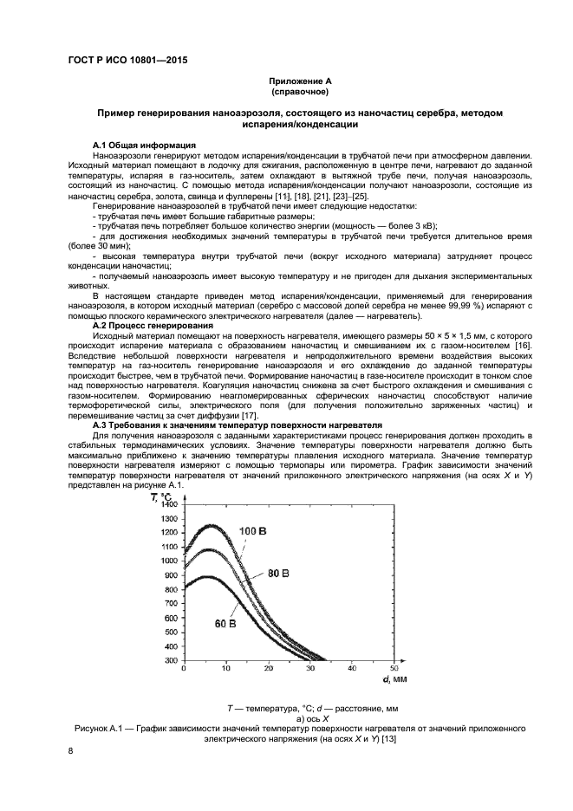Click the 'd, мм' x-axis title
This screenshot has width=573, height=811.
tap(394, 679)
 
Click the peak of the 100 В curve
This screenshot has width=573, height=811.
tap(210, 524)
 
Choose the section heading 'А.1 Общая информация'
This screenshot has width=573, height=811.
tap(144, 145)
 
